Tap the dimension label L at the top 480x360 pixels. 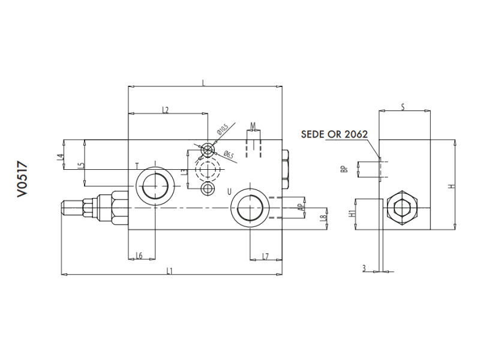pyautogui.click(x=204, y=83)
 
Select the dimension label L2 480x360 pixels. pyautogui.click(x=166, y=109)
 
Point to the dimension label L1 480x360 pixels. pyautogui.click(x=170, y=271)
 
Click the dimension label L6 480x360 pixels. pyautogui.click(x=139, y=256)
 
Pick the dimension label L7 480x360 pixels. pyautogui.click(x=265, y=256)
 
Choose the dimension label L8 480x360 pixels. pyautogui.click(x=322, y=218)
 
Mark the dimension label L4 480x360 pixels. pyautogui.click(x=59, y=157)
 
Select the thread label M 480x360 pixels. pyautogui.click(x=253, y=125)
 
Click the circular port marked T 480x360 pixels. pyautogui.click(x=155, y=185)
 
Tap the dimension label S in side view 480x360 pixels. pyautogui.click(x=403, y=107)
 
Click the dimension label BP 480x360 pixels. pyautogui.click(x=344, y=169)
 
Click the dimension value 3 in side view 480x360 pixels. pyautogui.click(x=364, y=268)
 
